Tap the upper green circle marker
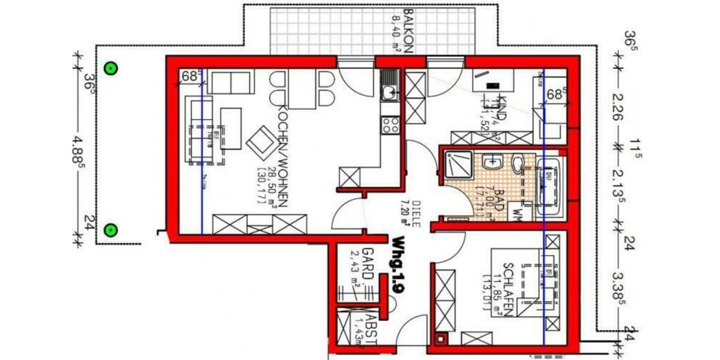(110, 68)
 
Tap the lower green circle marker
(110, 230)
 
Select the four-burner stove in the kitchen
(391, 124)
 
